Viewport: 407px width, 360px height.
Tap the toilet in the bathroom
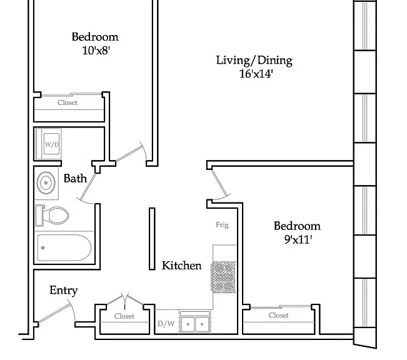pos(52,216)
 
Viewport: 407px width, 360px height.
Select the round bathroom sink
pos(46,182)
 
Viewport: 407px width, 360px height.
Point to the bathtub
pos(64,247)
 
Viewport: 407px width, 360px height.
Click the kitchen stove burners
pos(224,277)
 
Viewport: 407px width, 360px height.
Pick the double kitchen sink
pos(195,323)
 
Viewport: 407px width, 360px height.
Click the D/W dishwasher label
pos(166,324)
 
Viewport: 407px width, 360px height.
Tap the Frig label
pos(222,225)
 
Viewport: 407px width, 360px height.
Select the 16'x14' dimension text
pos(256,74)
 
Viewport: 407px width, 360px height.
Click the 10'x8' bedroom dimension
pos(96,51)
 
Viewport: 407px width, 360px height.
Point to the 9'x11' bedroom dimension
pos(298,239)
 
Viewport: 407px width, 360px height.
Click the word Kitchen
pos(182,266)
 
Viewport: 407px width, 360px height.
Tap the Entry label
pos(64,291)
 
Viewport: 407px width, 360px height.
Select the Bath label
pos(75,179)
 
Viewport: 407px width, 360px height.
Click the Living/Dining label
pos(254,61)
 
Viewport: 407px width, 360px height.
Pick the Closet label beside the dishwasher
pos(124,316)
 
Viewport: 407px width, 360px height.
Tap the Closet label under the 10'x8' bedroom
pos(68,102)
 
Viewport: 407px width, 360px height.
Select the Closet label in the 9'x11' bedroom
pos(278,316)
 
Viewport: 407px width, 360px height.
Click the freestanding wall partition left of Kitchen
pos(152,239)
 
